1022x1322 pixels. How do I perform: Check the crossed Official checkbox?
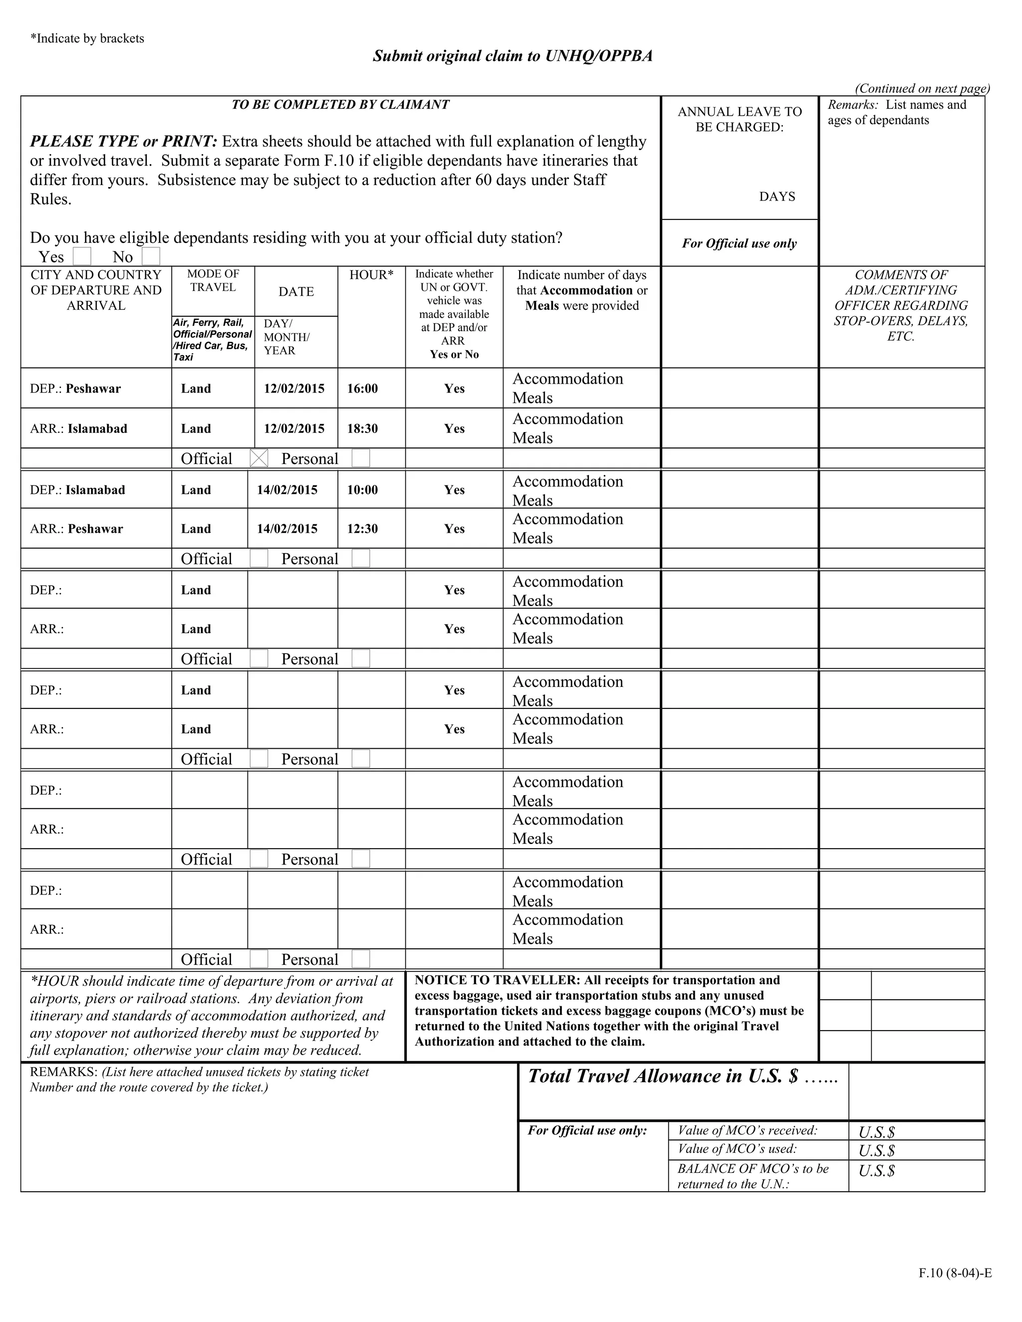[x=258, y=458]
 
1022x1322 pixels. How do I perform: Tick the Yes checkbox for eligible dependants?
[x=82, y=256]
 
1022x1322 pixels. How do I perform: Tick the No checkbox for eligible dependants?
[x=151, y=256]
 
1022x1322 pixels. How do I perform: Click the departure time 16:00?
[x=362, y=389]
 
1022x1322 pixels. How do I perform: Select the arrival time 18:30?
[x=362, y=429]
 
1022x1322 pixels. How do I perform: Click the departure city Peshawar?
[x=93, y=389]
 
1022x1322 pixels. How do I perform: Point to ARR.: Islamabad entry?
[x=79, y=429]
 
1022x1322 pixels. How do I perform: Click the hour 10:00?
[x=362, y=490]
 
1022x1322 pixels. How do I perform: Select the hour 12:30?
[x=362, y=528]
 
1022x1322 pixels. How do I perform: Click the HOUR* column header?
[x=371, y=275]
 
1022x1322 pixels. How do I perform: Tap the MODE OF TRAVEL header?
[x=213, y=280]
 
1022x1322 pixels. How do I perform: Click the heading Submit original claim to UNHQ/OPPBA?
[x=512, y=56]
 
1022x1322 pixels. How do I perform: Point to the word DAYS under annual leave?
[x=777, y=197]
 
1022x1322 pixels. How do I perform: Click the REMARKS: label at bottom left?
[x=63, y=1072]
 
